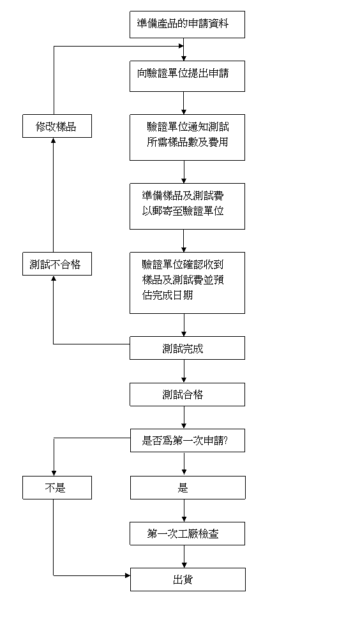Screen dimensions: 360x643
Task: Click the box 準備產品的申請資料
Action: (x=187, y=25)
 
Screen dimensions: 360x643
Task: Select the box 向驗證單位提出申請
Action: (x=187, y=77)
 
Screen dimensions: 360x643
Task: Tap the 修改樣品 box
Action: (x=57, y=126)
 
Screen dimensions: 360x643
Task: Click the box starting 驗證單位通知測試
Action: (x=187, y=137)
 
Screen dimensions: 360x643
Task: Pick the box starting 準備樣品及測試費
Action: (x=187, y=206)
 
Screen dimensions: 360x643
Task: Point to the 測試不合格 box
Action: (x=57, y=263)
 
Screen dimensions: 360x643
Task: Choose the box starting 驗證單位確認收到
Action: (x=187, y=283)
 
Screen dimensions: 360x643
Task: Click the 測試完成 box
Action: (x=187, y=348)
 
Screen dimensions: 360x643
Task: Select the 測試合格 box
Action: (x=187, y=394)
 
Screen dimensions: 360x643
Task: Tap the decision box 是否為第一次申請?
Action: (x=188, y=440)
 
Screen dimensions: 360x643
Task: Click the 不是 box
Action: (x=57, y=487)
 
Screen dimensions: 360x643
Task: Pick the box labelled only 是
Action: (x=188, y=487)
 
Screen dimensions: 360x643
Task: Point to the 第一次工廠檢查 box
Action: (x=187, y=533)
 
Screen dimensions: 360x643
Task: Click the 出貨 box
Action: (x=188, y=579)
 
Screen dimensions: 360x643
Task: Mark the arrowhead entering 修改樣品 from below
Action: (x=54, y=140)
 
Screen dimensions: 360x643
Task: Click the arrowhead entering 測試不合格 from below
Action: (x=54, y=278)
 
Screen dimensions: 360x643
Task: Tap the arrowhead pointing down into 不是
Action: (x=54, y=473)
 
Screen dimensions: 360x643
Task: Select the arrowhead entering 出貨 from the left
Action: (x=128, y=575)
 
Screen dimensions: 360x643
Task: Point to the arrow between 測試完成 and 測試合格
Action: (x=184, y=371)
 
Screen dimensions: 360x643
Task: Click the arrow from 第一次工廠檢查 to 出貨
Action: (x=184, y=556)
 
